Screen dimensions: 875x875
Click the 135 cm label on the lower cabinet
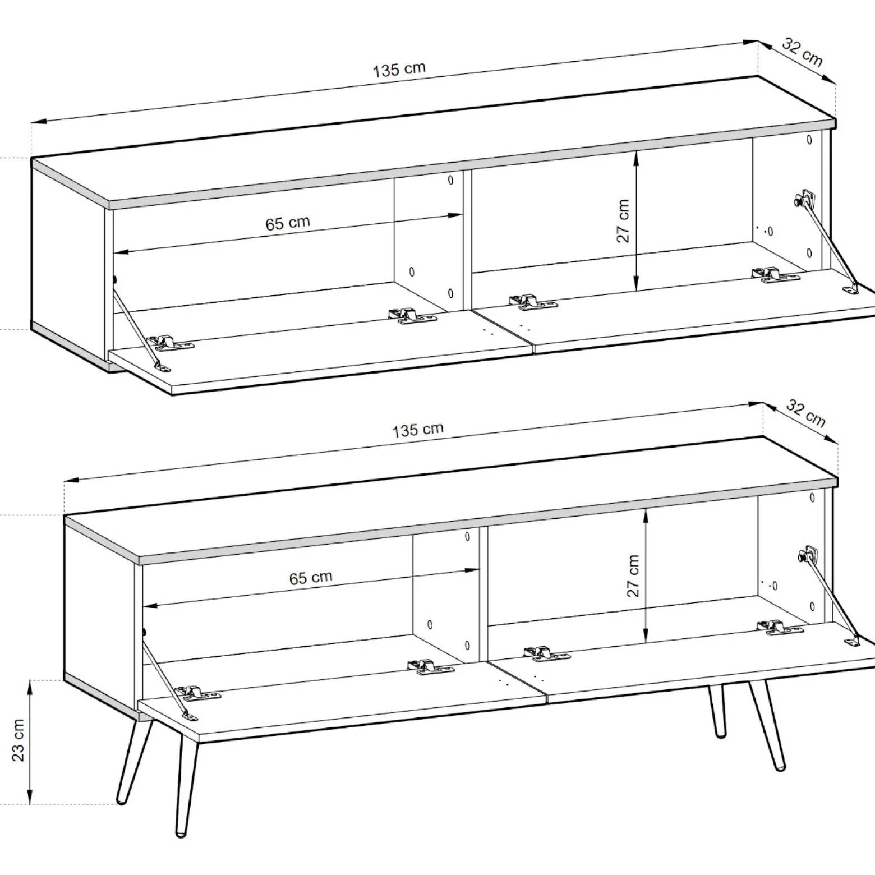417,430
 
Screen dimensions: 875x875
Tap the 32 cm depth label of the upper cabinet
802,53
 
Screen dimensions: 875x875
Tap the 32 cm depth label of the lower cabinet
806,413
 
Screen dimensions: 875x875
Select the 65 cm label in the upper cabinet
288,223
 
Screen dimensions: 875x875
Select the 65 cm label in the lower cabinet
311,578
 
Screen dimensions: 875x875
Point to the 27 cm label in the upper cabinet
623,220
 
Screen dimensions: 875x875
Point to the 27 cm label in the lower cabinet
633,575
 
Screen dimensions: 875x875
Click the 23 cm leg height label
18,740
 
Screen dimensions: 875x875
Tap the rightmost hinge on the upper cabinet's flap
775,274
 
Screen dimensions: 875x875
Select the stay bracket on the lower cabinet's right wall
809,555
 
